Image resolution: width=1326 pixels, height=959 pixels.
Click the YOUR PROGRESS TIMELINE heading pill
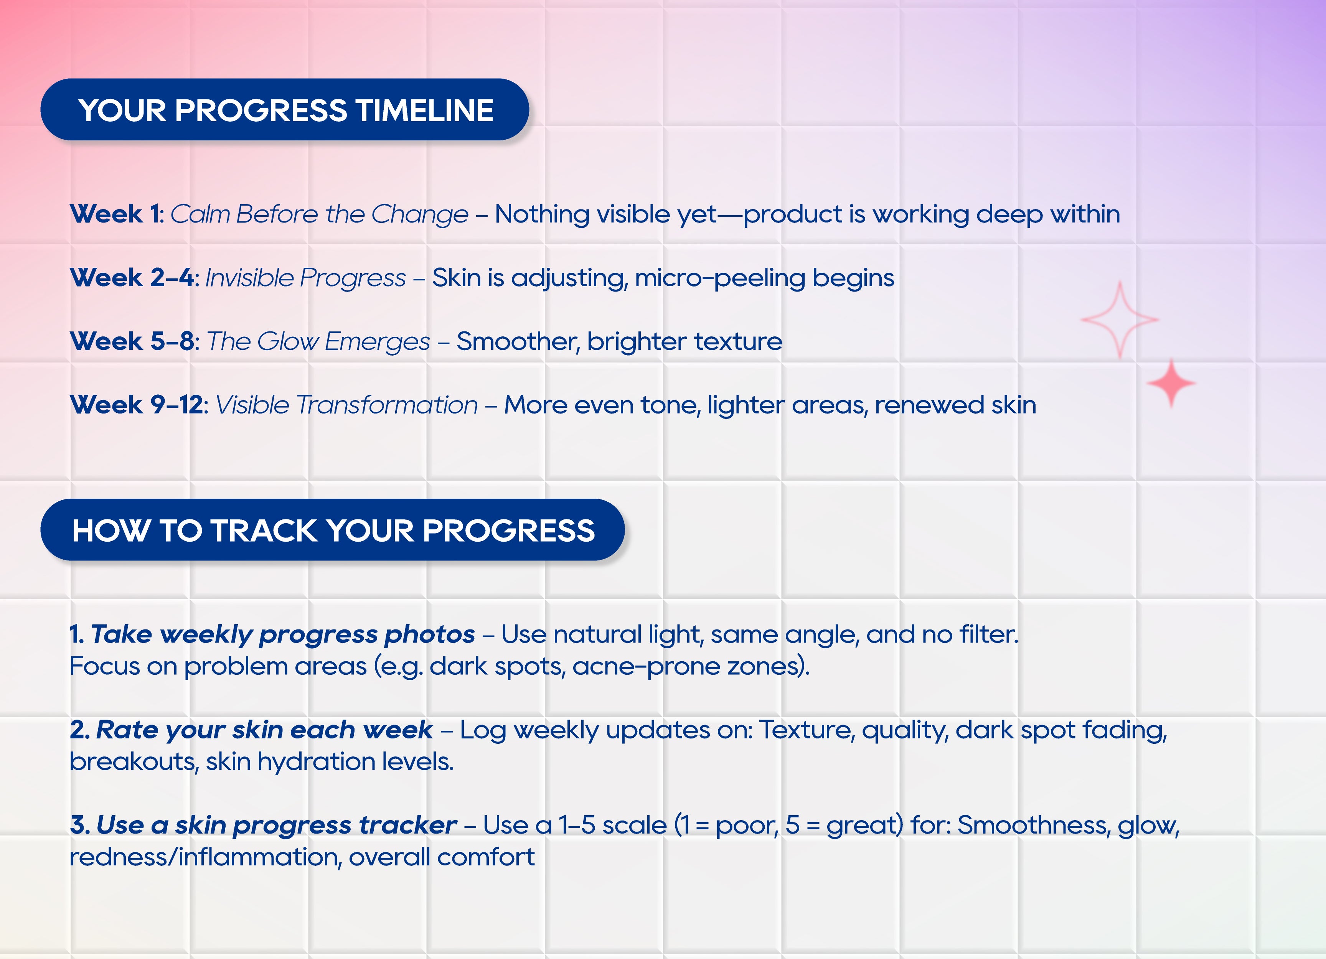click(285, 109)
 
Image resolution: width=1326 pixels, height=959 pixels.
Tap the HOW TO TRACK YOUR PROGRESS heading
click(333, 530)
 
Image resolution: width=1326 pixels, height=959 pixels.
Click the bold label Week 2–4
click(132, 278)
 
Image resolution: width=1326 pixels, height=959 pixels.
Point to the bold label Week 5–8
click(132, 341)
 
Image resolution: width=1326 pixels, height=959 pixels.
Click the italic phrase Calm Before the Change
click(319, 214)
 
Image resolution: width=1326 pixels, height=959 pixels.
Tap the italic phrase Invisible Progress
click(305, 278)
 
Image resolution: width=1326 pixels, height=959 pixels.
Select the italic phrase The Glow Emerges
click(318, 341)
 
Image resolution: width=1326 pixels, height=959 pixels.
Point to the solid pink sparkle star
click(1171, 383)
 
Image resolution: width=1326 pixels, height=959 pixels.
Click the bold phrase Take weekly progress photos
click(283, 634)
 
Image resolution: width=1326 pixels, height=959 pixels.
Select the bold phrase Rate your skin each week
click(264, 730)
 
